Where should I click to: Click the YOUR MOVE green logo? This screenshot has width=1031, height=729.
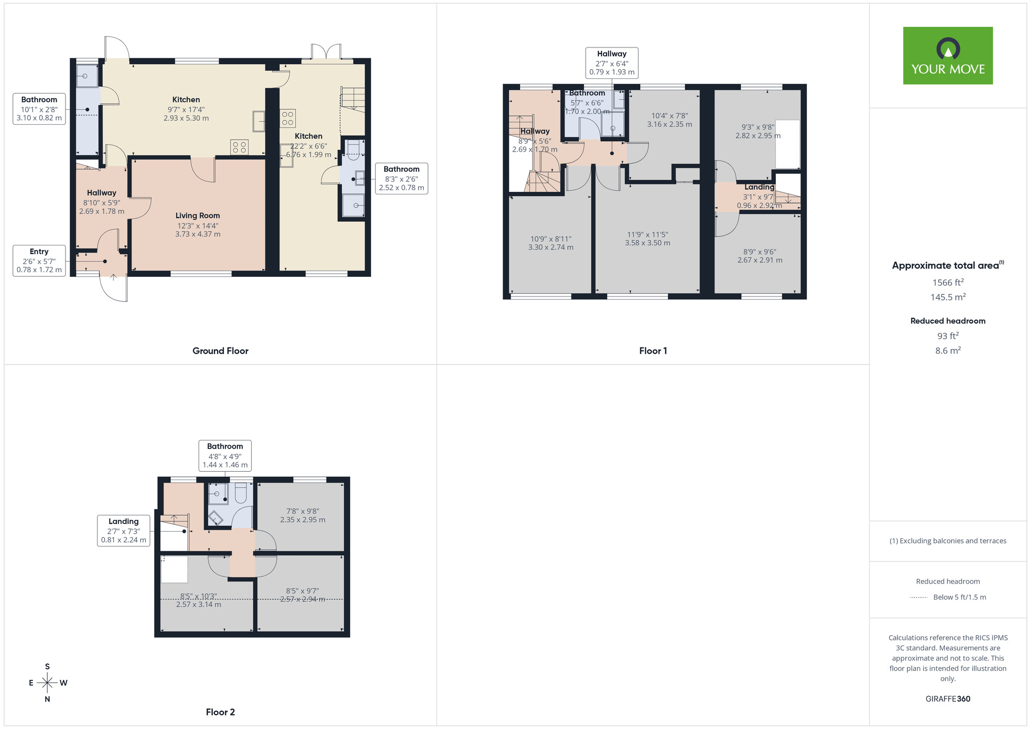(947, 56)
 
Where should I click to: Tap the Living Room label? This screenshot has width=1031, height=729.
(197, 216)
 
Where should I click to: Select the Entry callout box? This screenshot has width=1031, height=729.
(39, 260)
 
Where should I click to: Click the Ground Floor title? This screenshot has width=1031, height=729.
(220, 351)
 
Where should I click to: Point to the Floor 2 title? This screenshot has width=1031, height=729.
(220, 712)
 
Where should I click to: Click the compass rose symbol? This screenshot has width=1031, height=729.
(47, 683)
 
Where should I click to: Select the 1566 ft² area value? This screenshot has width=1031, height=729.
(947, 283)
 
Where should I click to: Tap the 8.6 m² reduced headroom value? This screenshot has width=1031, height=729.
(947, 351)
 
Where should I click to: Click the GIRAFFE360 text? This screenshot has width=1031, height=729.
(947, 699)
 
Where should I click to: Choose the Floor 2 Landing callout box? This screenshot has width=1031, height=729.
(124, 531)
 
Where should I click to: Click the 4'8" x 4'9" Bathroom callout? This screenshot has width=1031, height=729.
(225, 456)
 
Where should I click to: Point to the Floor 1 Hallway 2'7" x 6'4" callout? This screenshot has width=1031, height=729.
(612, 63)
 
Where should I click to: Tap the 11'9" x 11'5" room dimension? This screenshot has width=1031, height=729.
(647, 239)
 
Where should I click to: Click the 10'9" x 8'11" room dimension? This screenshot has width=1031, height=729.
(551, 243)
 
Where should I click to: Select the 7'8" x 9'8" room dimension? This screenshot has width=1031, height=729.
(303, 516)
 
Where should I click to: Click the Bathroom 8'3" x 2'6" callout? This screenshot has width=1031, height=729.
(402, 178)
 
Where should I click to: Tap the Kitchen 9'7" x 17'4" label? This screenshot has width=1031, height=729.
(186, 109)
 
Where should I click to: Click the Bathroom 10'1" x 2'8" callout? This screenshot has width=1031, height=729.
(39, 109)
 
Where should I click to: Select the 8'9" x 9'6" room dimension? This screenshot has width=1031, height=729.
(759, 256)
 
